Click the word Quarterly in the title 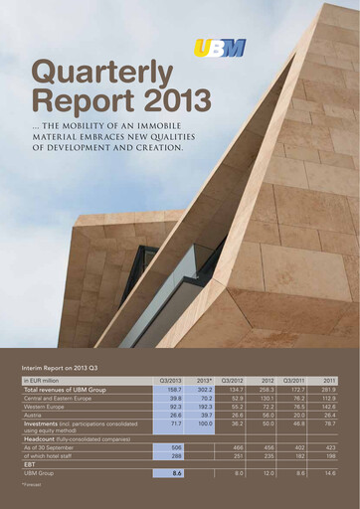coord(90,72)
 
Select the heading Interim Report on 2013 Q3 coord(66,368)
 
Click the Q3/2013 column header coord(169,380)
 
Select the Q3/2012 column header coord(232,380)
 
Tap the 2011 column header coord(329,380)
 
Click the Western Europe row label coord(47,407)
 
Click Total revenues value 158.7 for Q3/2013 coord(172,389)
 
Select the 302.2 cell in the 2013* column coord(204,389)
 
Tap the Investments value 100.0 coord(205,424)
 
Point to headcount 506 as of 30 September coord(174,447)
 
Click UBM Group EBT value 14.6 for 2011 coord(329,473)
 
